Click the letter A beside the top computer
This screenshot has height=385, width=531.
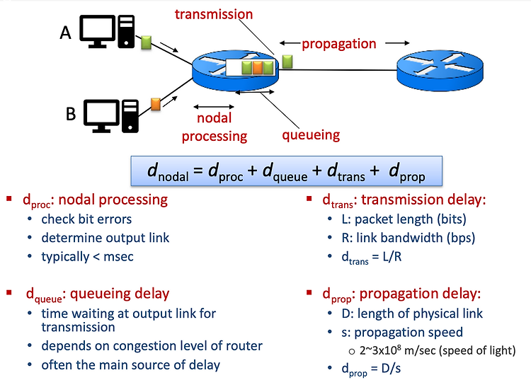66,33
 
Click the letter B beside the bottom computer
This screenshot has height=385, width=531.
70,114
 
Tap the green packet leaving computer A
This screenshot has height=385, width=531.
146,42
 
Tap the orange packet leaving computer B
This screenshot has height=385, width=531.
156,104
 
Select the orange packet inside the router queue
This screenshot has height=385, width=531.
258,68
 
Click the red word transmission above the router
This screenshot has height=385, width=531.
214,14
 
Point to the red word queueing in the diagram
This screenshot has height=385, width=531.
311,135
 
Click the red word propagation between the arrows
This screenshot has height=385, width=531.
339,44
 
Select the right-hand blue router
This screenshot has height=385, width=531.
440,71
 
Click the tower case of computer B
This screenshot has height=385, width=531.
130,116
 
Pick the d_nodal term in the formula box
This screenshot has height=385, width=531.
168,171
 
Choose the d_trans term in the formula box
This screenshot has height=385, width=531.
346,171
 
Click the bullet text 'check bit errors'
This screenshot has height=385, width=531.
86,219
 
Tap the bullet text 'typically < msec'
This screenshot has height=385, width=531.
87,257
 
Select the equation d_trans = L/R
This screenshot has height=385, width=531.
372,258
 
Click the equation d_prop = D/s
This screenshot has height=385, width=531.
371,369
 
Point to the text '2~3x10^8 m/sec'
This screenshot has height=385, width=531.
398,350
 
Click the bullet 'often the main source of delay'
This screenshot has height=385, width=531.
131,365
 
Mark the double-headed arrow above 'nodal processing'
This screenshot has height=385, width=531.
214,107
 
